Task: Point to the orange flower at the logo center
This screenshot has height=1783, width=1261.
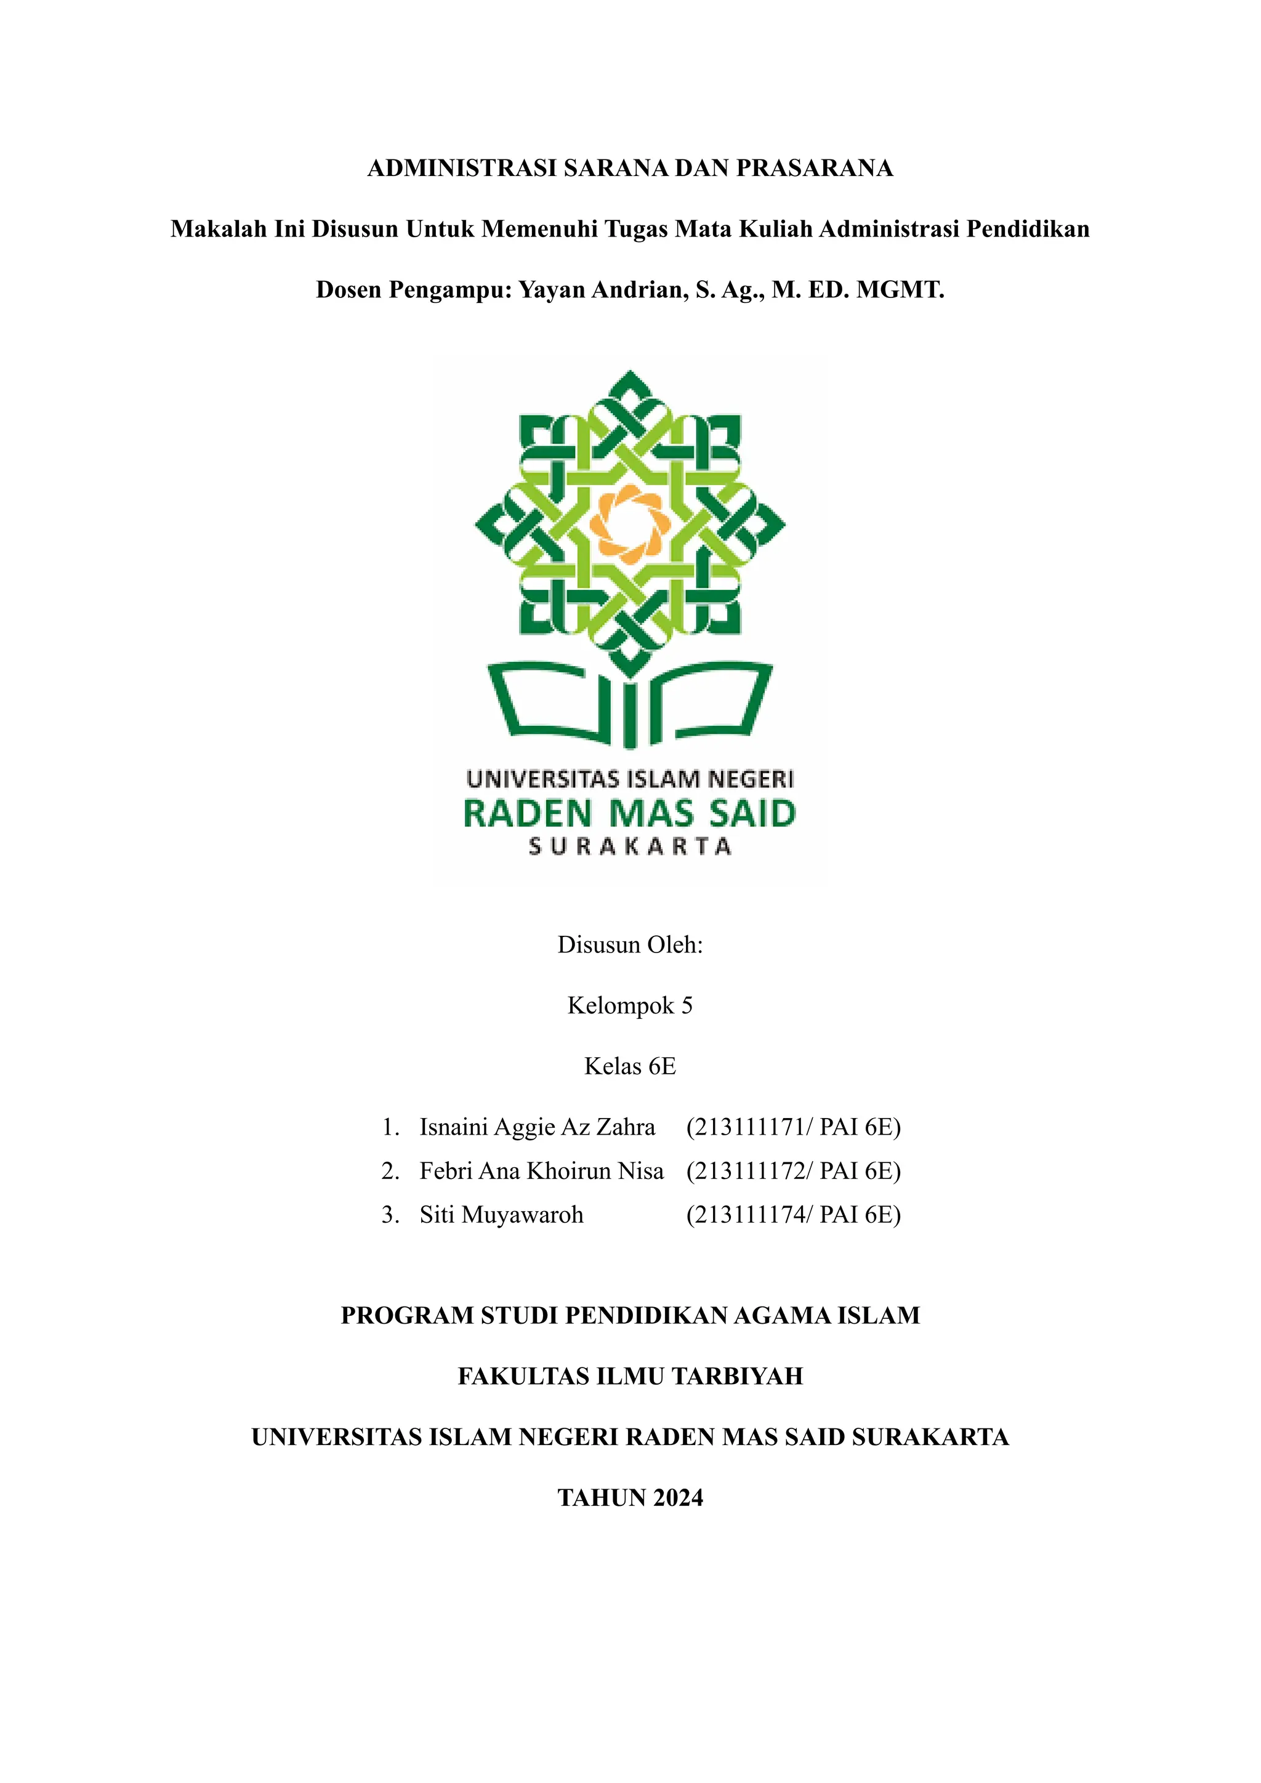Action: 629,524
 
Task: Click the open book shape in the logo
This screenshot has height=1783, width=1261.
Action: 629,702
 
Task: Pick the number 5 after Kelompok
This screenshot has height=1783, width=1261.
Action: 687,1005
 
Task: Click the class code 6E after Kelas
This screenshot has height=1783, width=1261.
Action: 663,1066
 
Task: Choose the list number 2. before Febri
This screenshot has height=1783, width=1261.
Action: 390,1171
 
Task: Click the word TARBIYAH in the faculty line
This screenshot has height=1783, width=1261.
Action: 737,1376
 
